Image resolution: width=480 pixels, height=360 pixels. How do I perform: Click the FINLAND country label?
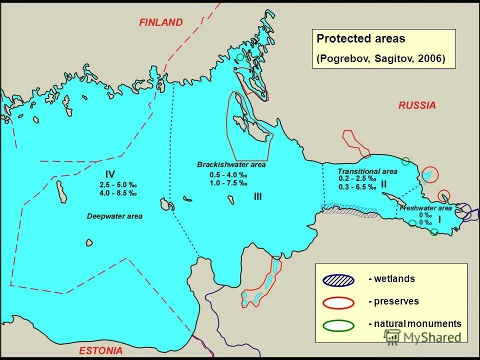(161, 22)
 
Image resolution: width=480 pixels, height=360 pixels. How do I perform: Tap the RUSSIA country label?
(417, 105)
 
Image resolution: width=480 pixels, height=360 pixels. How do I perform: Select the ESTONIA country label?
(100, 350)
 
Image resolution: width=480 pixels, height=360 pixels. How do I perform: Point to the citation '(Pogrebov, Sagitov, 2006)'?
(380, 58)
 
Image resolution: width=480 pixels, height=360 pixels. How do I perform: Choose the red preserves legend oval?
(338, 302)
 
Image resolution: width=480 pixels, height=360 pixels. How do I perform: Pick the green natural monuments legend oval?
(338, 324)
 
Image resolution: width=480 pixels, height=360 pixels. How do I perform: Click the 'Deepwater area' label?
(114, 216)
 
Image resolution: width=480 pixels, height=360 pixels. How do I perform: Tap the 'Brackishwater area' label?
(231, 164)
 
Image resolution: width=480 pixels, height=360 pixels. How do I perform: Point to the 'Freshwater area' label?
(426, 208)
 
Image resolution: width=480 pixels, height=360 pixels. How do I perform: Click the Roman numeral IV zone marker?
(110, 174)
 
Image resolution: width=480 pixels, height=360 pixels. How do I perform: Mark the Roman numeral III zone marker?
(257, 197)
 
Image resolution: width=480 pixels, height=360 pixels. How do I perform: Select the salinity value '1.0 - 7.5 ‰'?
(228, 183)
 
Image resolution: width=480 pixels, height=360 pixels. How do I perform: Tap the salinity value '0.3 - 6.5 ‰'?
(357, 187)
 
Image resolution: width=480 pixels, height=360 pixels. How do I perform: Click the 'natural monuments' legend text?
(414, 324)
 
